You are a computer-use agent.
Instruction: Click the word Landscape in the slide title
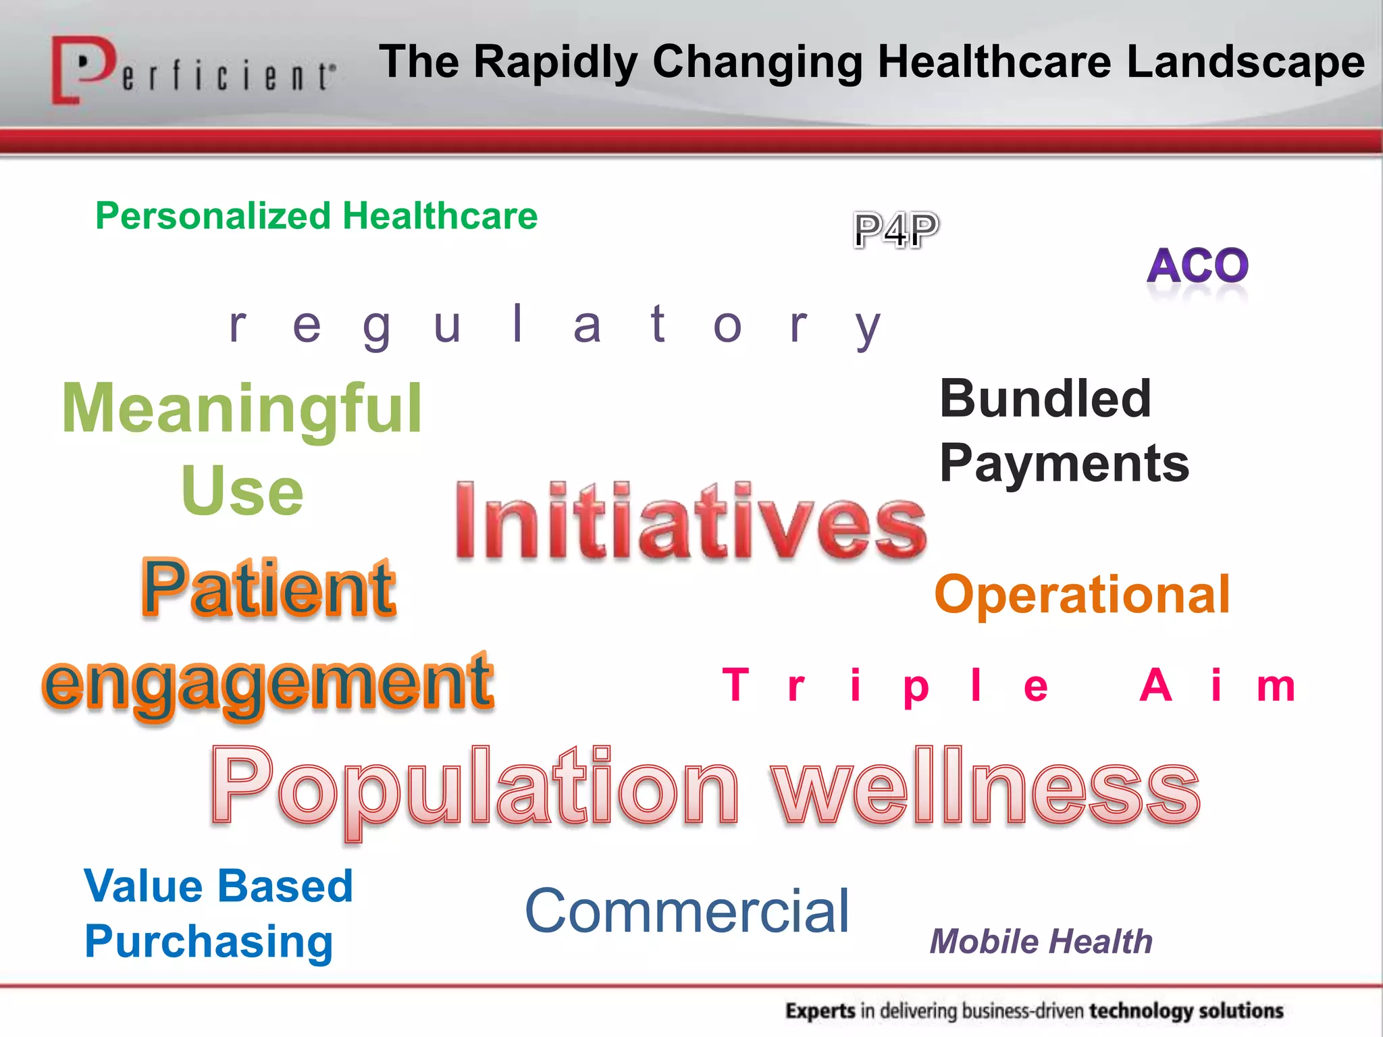point(1246,62)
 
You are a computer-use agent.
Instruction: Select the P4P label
point(895,230)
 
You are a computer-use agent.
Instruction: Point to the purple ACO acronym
point(1197,265)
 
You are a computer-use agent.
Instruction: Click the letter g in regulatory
point(377,327)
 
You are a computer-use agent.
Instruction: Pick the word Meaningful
point(242,408)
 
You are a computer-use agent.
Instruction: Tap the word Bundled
point(1045,398)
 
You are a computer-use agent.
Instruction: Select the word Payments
point(1064,464)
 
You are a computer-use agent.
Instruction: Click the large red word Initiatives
point(690,522)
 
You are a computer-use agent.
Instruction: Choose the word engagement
point(268,683)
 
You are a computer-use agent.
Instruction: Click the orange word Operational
point(1082,595)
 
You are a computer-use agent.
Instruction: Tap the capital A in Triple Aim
point(1155,685)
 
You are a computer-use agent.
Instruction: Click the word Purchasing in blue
point(209,942)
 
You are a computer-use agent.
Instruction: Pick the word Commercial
point(687,911)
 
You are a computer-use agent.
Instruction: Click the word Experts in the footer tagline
point(820,1011)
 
